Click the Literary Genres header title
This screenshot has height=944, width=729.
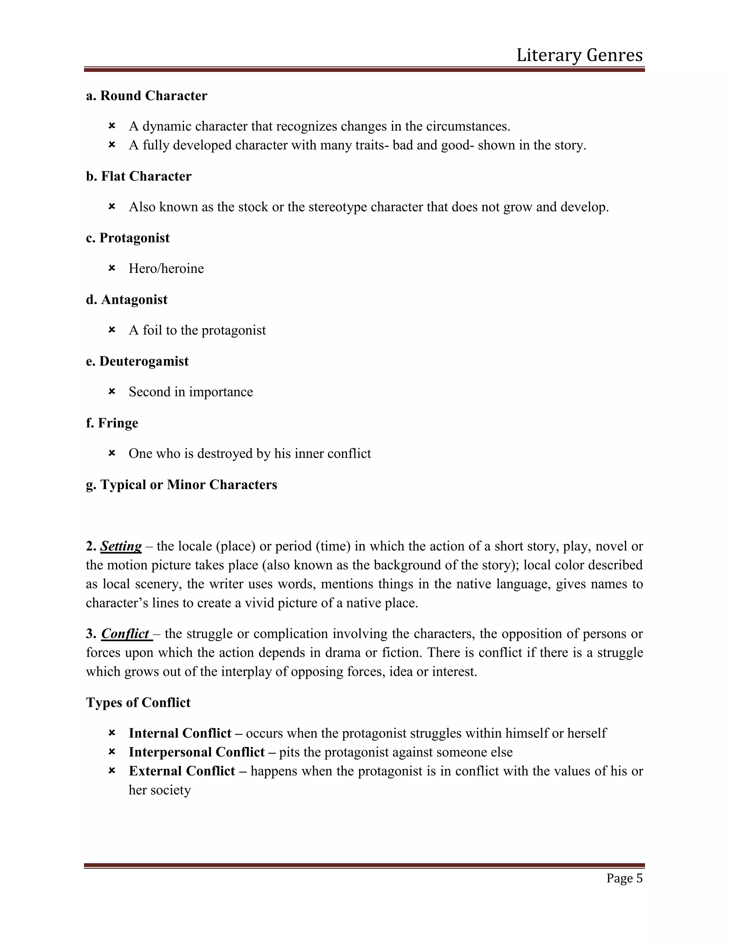pos(579,55)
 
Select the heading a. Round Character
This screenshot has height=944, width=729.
pos(146,95)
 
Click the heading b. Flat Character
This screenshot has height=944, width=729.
pos(138,176)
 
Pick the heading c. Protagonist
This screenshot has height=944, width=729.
pos(127,238)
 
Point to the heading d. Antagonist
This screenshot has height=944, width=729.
pos(126,300)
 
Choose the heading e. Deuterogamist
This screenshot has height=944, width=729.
pos(137,361)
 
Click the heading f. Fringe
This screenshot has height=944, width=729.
pos(112,423)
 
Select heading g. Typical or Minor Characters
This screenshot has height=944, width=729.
pos(182,484)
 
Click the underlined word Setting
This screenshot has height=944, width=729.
pos(121,546)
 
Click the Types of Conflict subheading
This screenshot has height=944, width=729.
pos(138,702)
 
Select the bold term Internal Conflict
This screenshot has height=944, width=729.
pos(180,733)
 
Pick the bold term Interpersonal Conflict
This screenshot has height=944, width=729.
pos(196,752)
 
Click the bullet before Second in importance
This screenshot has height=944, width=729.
pos(112,391)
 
